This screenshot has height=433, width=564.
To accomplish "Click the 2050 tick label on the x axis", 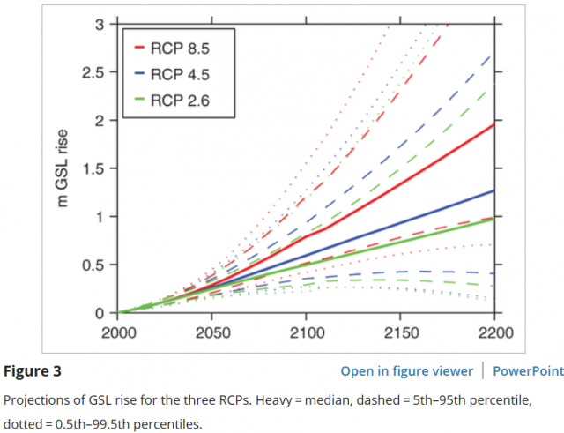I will (213, 334).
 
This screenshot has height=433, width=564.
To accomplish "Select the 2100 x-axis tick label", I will (307, 334).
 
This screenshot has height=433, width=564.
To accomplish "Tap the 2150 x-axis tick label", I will (400, 334).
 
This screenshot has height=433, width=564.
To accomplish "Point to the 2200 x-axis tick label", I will (493, 334).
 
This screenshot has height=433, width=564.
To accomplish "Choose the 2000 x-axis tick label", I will (120, 334).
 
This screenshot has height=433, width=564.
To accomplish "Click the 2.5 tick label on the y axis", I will (94, 71).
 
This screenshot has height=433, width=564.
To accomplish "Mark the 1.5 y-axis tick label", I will (94, 168).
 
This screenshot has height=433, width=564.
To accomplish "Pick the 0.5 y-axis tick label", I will (94, 265).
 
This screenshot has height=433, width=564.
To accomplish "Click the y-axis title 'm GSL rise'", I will (63, 168).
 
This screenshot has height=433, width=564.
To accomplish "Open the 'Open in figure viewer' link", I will (406, 370).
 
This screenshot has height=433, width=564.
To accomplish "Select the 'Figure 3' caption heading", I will (31, 370).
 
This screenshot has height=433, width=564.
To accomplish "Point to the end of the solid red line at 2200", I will (493, 123).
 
